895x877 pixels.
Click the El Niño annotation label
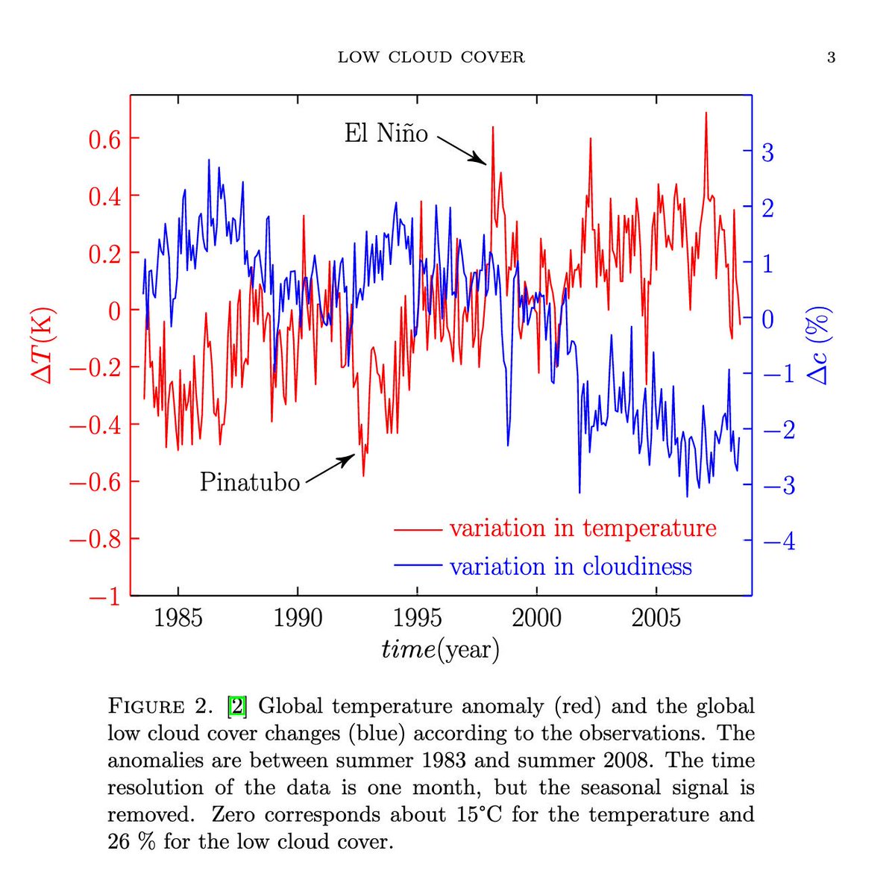pyautogui.click(x=386, y=134)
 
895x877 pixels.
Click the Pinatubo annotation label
pyautogui.click(x=249, y=482)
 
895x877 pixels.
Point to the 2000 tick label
pyautogui.click(x=536, y=618)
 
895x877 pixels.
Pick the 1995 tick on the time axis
pyautogui.click(x=417, y=618)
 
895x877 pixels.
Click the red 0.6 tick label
pyautogui.click(x=104, y=139)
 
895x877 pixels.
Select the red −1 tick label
pyautogui.click(x=104, y=597)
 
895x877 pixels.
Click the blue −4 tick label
pyautogui.click(x=779, y=541)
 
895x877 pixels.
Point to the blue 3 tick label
pyautogui.click(x=767, y=153)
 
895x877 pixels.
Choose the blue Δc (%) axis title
pyautogui.click(x=819, y=345)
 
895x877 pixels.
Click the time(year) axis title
pyautogui.click(x=440, y=649)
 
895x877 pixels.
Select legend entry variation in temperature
pyautogui.click(x=582, y=528)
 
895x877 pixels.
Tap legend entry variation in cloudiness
pyautogui.click(x=570, y=567)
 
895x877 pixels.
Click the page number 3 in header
pyautogui.click(x=831, y=57)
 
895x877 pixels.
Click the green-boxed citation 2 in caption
pyautogui.click(x=236, y=706)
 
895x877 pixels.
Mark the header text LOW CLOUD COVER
pyautogui.click(x=431, y=57)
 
